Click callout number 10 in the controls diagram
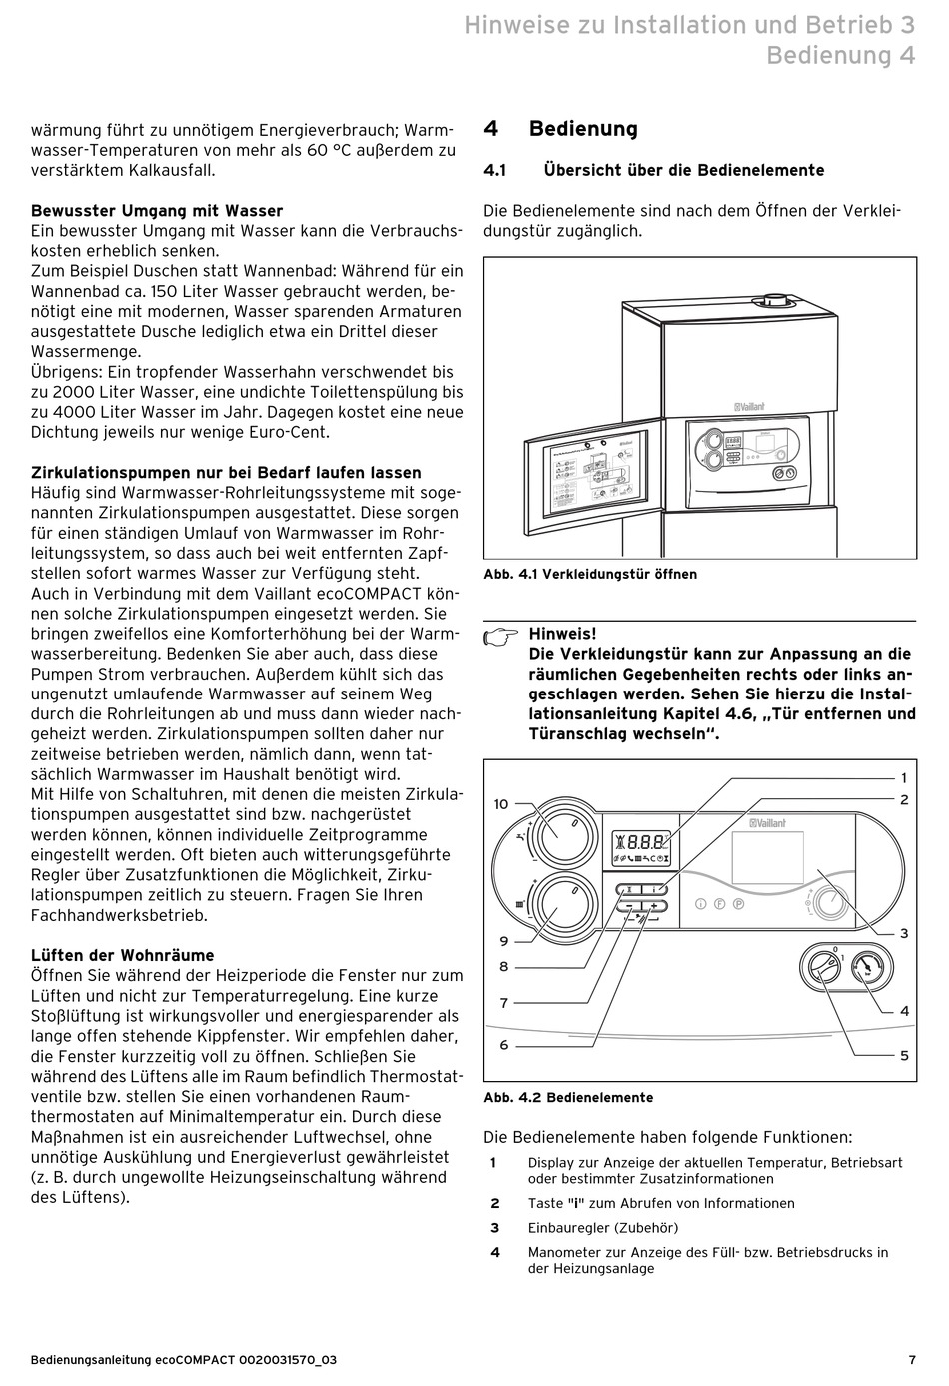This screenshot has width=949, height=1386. pyautogui.click(x=501, y=803)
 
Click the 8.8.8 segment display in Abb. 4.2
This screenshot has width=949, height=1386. pyautogui.click(x=640, y=843)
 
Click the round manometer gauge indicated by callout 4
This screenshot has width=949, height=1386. pyautogui.click(x=874, y=968)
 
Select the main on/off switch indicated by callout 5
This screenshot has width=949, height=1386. pyautogui.click(x=823, y=969)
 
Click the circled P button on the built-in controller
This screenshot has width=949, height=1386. pyautogui.click(x=738, y=903)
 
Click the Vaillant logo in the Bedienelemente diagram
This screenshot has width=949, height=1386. pyautogui.click(x=766, y=823)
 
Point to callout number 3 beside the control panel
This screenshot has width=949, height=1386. pyautogui.click(x=903, y=933)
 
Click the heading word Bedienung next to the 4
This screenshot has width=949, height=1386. pyautogui.click(x=583, y=129)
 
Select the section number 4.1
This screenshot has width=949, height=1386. pyautogui.click(x=495, y=170)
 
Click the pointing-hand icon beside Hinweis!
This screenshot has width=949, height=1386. pyautogui.click(x=501, y=637)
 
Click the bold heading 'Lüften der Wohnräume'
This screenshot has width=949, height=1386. pyautogui.click(x=123, y=955)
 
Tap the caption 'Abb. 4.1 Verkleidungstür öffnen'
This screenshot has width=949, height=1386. pyautogui.click(x=590, y=574)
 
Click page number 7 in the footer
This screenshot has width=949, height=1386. pyautogui.click(x=912, y=1360)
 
